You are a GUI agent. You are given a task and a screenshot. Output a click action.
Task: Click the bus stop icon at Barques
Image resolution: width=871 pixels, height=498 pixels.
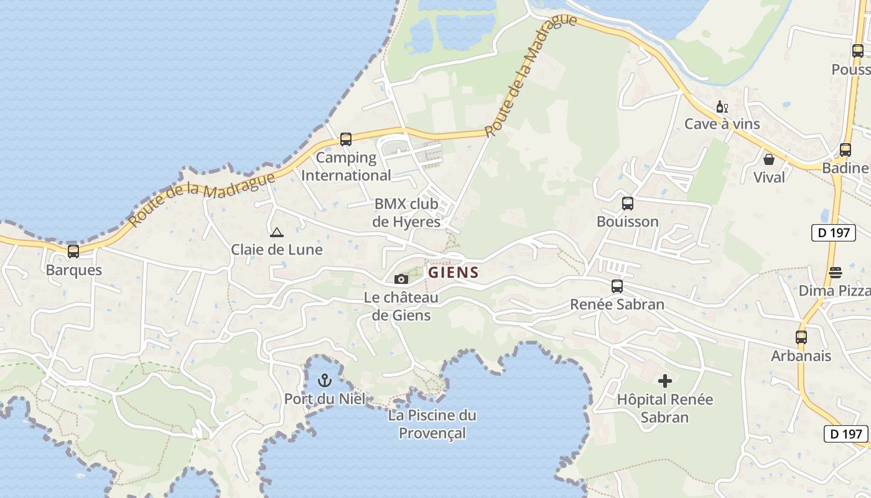click(x=73, y=251)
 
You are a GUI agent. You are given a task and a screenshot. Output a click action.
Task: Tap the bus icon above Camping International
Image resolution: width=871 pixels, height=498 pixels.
click(x=346, y=139)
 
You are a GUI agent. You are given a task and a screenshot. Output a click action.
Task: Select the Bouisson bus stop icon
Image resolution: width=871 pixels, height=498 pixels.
click(x=628, y=204)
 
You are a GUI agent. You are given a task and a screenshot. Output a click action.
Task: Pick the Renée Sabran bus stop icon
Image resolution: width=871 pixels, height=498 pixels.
click(x=617, y=286)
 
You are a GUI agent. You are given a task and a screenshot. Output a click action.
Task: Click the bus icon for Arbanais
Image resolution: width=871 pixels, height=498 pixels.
click(x=801, y=337)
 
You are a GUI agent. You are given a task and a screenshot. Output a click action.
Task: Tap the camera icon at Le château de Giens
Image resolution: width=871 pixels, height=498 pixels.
click(x=401, y=279)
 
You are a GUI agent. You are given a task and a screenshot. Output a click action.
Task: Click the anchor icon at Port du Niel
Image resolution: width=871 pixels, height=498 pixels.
click(x=325, y=380)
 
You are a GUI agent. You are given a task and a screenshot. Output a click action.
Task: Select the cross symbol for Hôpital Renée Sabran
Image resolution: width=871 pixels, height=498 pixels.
click(x=665, y=380)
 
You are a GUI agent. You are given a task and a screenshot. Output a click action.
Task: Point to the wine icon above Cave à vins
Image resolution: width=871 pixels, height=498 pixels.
click(x=722, y=106)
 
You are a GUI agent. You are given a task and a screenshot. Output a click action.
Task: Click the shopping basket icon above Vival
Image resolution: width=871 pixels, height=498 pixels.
click(x=769, y=159)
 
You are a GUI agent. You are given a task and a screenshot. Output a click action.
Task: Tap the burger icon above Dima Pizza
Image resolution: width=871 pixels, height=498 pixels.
click(x=836, y=272)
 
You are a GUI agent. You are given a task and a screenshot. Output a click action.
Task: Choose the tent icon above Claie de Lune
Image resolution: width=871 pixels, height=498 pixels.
click(x=277, y=233)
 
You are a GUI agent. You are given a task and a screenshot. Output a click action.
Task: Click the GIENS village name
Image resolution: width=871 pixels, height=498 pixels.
click(x=454, y=273)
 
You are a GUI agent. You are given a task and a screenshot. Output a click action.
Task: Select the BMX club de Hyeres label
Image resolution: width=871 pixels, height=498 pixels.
click(x=406, y=213)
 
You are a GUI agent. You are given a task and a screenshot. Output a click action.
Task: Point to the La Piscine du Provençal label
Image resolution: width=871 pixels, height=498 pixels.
click(x=432, y=424)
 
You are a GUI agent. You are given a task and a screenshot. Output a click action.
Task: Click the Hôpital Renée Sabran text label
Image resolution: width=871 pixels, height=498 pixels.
click(x=664, y=408)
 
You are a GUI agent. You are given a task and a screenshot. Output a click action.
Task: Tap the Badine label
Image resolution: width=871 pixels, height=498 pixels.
click(x=845, y=168)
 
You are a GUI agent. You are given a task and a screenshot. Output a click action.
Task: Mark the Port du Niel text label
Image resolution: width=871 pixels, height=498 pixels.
click(x=325, y=398)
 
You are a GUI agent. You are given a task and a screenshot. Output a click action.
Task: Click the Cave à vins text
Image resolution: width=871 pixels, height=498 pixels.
click(x=722, y=124)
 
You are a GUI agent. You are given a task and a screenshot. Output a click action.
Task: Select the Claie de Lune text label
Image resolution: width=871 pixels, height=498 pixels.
click(x=277, y=250)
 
